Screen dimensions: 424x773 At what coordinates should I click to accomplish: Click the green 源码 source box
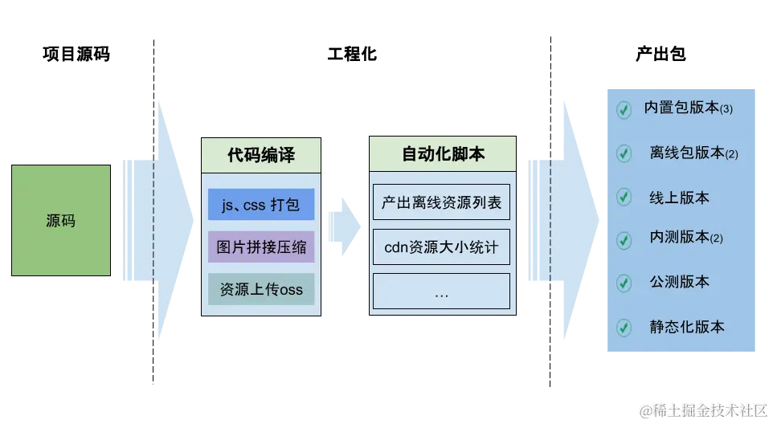point(60,219)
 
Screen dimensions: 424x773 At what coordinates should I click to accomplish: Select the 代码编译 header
point(260,155)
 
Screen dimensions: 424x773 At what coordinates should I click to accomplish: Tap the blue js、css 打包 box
point(260,205)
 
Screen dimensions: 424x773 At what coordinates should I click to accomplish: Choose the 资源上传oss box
point(260,289)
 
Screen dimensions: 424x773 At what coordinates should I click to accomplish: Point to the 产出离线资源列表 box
point(441,203)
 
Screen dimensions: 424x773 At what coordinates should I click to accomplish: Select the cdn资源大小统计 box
point(441,247)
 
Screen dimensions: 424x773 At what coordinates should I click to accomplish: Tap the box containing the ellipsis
point(441,292)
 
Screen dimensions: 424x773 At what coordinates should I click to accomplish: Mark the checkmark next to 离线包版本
point(624,153)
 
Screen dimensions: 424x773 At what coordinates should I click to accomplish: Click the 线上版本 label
point(679,198)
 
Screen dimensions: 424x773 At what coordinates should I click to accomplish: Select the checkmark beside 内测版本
point(624,239)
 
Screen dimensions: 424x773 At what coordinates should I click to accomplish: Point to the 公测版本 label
point(679,283)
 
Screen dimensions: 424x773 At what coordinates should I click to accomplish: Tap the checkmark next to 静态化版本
point(624,328)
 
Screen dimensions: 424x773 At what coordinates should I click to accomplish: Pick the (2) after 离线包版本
point(731,154)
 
